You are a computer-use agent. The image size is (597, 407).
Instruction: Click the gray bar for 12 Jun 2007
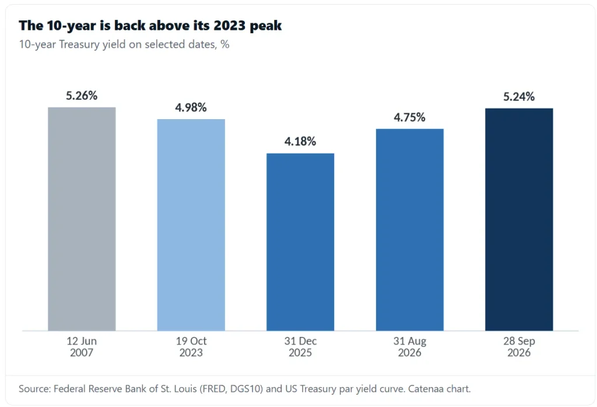coord(82,219)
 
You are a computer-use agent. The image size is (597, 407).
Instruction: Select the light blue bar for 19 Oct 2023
coord(191,225)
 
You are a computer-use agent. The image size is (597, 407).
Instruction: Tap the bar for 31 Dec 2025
coord(300,242)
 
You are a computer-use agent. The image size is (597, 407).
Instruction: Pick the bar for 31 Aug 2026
coord(410,230)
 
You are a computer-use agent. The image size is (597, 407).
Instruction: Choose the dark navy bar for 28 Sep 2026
coord(519,220)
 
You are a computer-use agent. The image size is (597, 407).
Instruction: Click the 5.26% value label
coord(82,95)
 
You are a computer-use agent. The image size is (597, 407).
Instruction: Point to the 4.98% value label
coord(191,107)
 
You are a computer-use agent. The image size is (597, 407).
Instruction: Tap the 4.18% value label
coord(300,141)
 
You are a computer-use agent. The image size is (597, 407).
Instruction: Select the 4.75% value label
coord(410,117)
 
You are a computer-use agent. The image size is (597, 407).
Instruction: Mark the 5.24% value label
coord(519,96)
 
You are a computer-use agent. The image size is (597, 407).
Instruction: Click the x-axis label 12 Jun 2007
coord(82,347)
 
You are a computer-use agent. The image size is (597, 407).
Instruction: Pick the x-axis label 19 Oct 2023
coord(191,347)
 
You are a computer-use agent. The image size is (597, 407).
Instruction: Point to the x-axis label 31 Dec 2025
coord(300,347)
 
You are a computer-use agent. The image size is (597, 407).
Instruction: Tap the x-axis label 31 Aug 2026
coord(410,347)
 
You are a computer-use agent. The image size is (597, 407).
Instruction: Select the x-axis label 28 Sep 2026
coord(519,347)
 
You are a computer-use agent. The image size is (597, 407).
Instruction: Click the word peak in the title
coord(266,26)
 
